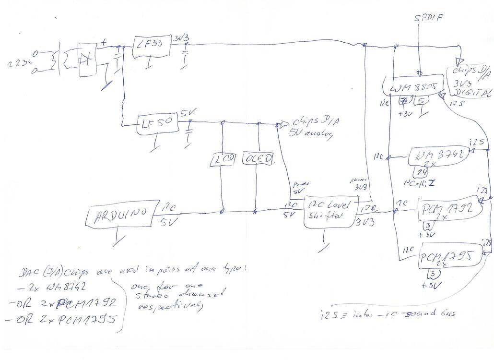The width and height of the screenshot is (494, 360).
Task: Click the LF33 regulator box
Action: tap(149, 47)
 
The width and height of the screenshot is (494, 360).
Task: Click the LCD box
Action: tap(222, 159)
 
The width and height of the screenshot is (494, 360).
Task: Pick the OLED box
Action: tap(258, 158)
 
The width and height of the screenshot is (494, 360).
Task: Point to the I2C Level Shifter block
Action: tap(329, 211)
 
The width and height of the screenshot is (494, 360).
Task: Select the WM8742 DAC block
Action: tap(437, 156)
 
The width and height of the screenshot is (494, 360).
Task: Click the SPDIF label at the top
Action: tap(428, 19)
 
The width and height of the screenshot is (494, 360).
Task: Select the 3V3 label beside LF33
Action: tap(182, 38)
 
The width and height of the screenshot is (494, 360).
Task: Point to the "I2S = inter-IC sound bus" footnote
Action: tap(387, 314)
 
